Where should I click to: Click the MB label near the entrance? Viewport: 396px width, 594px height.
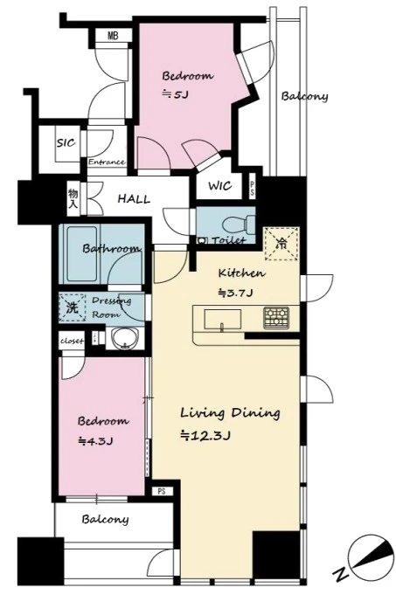pyautogui.click(x=113, y=36)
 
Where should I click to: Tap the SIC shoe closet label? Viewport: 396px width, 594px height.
pyautogui.click(x=66, y=142)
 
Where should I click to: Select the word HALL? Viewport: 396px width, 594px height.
pyautogui.click(x=134, y=199)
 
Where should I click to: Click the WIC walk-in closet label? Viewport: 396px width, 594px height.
pyautogui.click(x=219, y=186)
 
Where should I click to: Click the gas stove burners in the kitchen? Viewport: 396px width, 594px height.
pyautogui.click(x=276, y=317)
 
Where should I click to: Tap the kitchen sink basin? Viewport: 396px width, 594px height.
pyautogui.click(x=223, y=320)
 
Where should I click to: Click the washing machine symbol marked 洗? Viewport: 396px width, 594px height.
pyautogui.click(x=72, y=307)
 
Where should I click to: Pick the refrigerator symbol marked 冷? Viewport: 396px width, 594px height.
pyautogui.click(x=282, y=244)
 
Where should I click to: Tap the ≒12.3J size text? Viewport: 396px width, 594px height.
pyautogui.click(x=205, y=436)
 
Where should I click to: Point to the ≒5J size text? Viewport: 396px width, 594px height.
pyautogui.click(x=175, y=94)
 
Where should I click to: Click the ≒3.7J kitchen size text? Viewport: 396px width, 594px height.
pyautogui.click(x=235, y=293)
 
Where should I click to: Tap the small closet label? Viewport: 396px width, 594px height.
pyautogui.click(x=72, y=341)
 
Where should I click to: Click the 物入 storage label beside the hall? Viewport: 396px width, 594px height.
pyautogui.click(x=73, y=199)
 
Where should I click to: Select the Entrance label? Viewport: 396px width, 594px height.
pyautogui.click(x=107, y=162)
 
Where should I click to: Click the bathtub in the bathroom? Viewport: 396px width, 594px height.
pyautogui.click(x=81, y=253)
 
